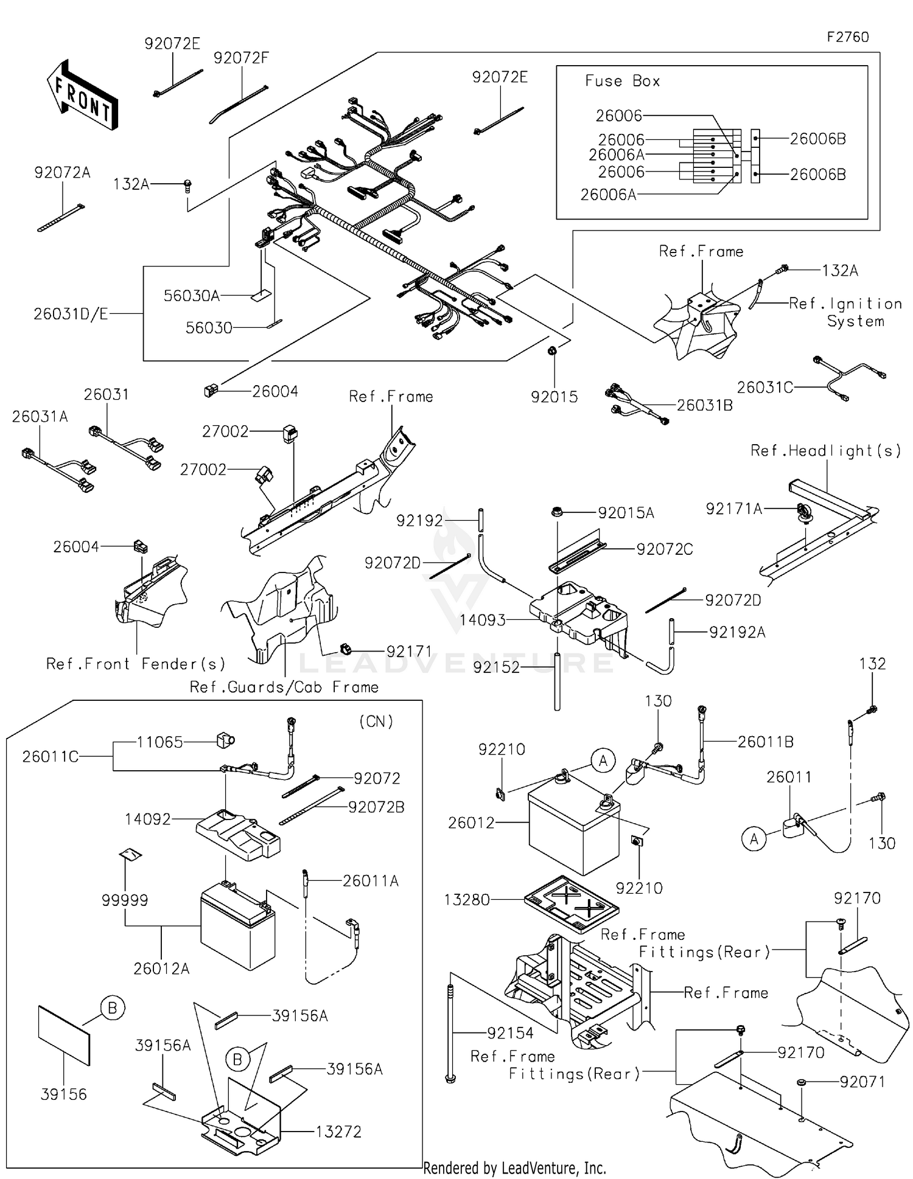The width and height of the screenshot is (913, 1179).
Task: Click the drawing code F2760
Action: [x=847, y=37]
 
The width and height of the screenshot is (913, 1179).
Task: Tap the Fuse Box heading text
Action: [x=622, y=81]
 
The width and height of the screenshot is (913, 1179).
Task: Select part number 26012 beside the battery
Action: [x=470, y=823]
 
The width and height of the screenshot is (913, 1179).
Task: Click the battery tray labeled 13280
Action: [x=571, y=903]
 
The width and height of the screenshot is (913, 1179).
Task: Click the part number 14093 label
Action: [x=482, y=620]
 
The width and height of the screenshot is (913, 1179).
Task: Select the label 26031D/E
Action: [x=71, y=314]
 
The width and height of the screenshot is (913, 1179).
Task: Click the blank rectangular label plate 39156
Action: [x=64, y=1034]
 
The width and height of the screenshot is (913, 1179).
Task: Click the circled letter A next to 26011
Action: [x=754, y=840]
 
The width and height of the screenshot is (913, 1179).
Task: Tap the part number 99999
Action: [x=125, y=900]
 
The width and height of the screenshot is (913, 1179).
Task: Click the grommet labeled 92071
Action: [x=801, y=1082]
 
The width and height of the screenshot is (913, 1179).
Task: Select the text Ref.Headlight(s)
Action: [x=825, y=451]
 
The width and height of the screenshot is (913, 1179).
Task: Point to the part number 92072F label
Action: [x=241, y=58]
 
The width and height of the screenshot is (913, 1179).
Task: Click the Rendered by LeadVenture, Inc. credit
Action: [x=514, y=1168]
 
